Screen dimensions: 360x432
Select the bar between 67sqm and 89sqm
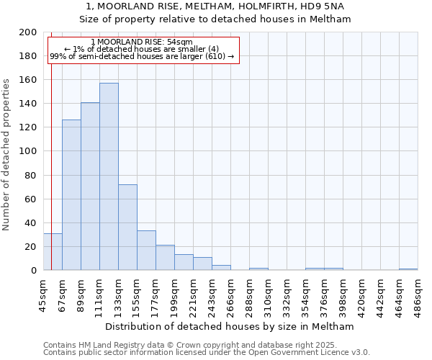point(71,194)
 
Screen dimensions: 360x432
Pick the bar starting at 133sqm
point(127,227)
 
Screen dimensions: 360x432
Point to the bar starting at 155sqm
point(146,250)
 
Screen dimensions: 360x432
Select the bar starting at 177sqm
point(165,257)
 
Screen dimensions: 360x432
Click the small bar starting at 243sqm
point(221,268)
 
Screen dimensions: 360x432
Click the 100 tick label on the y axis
point(28,151)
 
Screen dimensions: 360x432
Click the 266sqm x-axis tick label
point(230,294)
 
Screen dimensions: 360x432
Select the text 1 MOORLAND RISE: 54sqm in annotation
point(142,42)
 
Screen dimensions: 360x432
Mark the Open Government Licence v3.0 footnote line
point(207,353)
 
